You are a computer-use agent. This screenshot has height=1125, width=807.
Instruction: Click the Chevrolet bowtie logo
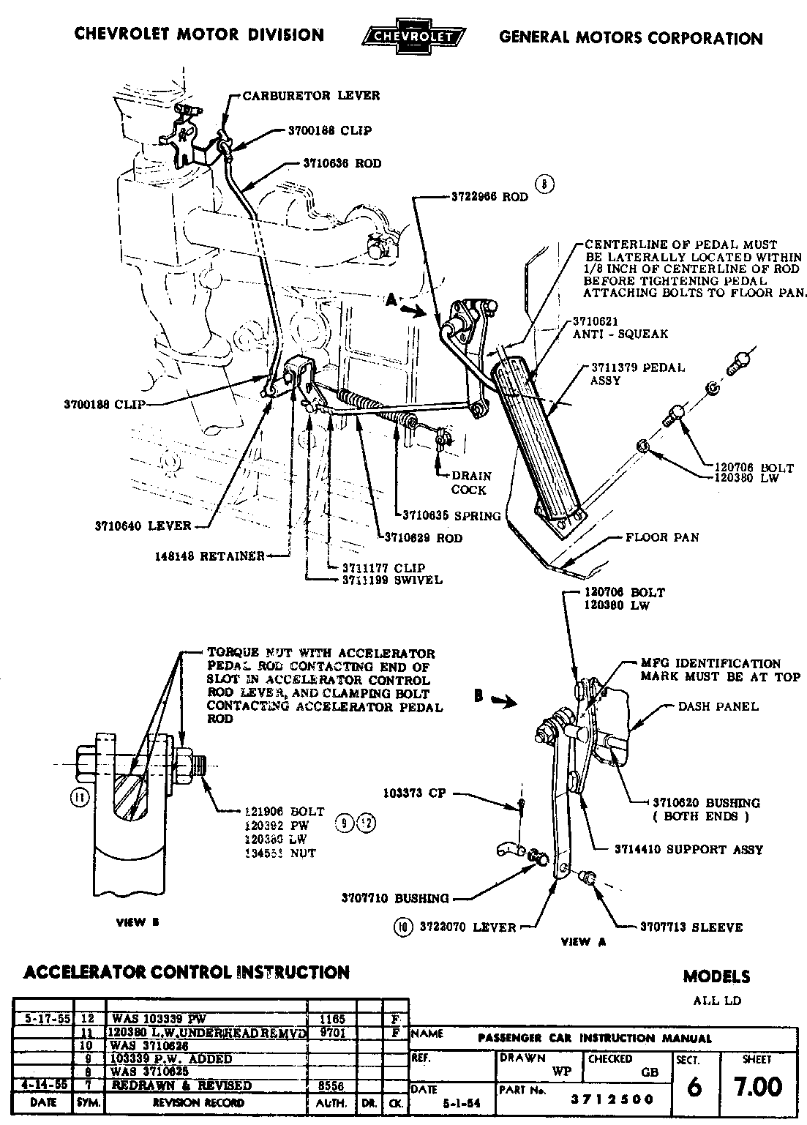(413, 36)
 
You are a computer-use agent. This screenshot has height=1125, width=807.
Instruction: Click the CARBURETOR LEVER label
(311, 95)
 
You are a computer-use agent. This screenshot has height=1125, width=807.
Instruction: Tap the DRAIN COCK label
(470, 482)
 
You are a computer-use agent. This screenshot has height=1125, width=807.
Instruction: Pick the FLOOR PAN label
(662, 537)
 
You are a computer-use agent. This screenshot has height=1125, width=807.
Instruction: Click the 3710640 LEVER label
(143, 525)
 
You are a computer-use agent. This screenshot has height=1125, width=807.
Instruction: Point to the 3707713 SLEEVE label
(691, 927)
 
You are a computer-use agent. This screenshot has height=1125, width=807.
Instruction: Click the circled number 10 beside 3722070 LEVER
(402, 927)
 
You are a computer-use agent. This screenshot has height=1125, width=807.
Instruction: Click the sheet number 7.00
(760, 1086)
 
